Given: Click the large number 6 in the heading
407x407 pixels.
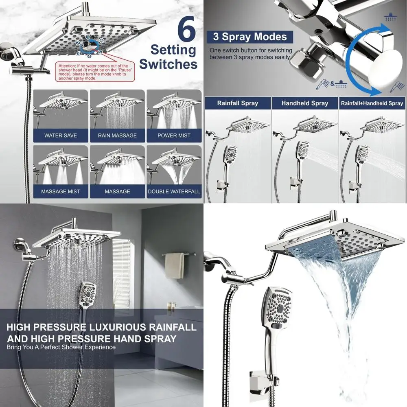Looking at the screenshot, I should click(x=186, y=28).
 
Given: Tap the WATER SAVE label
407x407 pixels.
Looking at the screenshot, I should click(x=61, y=135).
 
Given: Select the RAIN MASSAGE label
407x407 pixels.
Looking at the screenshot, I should click(x=117, y=135).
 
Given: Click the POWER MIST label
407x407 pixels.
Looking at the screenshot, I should click(x=174, y=135).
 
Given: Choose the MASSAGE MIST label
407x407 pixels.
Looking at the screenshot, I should click(x=61, y=191).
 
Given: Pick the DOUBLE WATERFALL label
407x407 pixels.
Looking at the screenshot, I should click(x=174, y=191).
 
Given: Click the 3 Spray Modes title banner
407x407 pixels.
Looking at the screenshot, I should click(x=249, y=37).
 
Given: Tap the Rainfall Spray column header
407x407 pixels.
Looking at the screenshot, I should click(x=238, y=103).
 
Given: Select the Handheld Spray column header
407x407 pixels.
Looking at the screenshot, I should click(x=304, y=103).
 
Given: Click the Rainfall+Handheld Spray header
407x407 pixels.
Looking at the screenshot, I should click(x=372, y=103).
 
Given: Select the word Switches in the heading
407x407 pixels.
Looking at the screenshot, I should click(x=173, y=64).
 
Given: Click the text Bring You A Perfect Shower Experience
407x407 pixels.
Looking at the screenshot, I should click(x=61, y=347).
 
